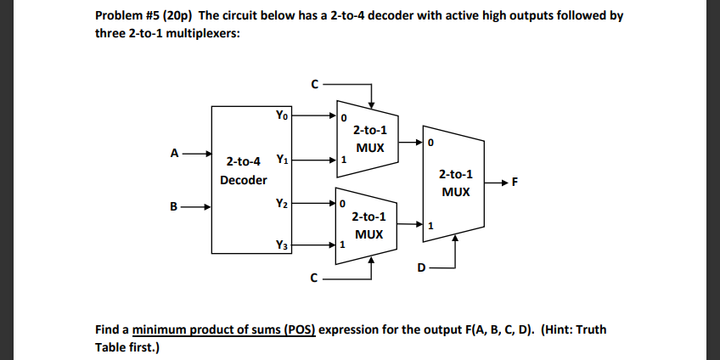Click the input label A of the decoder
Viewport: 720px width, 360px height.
point(174,154)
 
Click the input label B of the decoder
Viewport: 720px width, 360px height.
point(174,205)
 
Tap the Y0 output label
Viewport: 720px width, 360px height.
point(281,114)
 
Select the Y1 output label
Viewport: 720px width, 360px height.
point(281,160)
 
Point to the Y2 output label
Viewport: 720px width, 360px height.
point(281,204)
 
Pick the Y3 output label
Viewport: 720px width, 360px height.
point(281,245)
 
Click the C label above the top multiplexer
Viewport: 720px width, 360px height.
point(315,84)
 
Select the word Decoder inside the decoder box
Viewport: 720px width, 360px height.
point(243,180)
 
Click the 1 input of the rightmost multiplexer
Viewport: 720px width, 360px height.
point(431,226)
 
